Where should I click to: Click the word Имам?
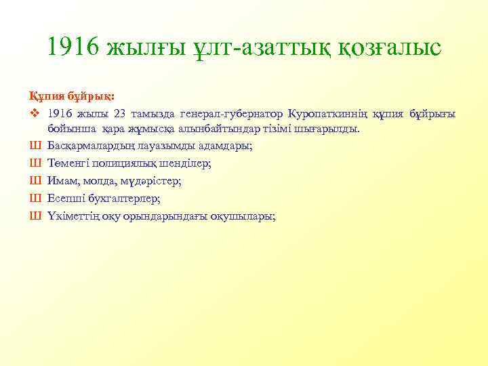62,181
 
